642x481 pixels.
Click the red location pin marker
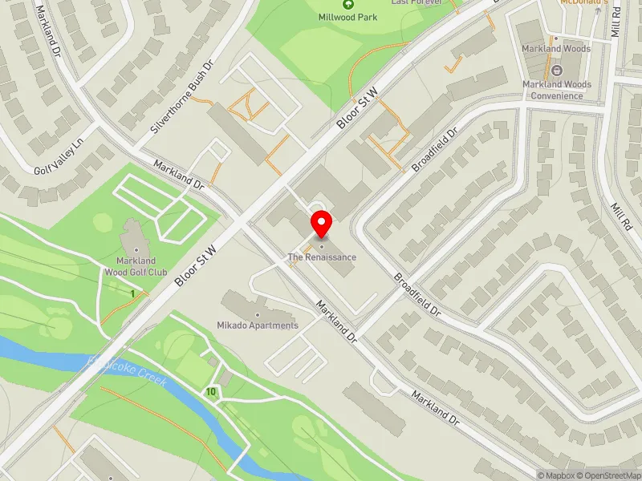click(322, 223)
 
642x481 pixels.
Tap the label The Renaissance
click(322, 257)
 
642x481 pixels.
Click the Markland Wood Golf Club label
click(135, 267)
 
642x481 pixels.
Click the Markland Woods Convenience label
click(557, 90)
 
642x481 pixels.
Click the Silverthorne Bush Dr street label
click(183, 96)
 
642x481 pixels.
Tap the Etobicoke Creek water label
click(128, 370)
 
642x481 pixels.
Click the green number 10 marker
click(210, 391)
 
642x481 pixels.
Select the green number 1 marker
click(132, 294)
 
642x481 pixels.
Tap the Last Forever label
click(416, 2)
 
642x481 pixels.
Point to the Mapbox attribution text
click(555, 475)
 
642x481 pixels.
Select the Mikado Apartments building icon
click(257, 313)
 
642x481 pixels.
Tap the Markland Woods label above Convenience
click(557, 49)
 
